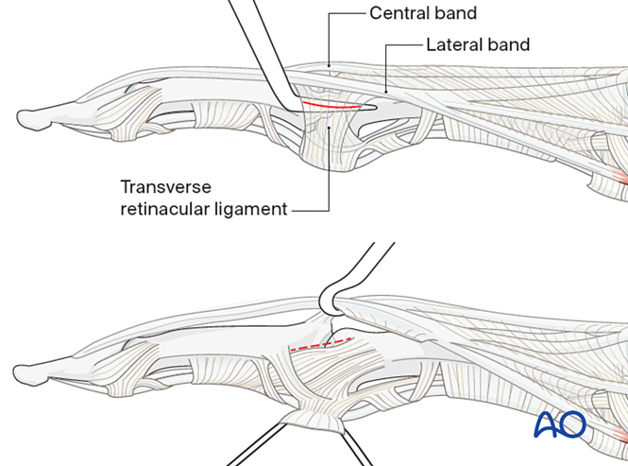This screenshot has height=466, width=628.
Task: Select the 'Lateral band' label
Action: [x=478, y=44]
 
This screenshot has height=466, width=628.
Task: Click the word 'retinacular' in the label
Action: [x=161, y=209]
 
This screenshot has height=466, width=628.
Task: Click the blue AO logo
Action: [x=560, y=424]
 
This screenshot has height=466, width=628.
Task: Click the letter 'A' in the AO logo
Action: [x=548, y=424]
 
